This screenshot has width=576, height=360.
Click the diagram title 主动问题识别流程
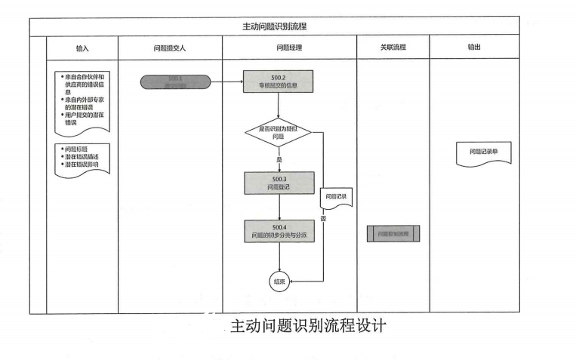click(x=274, y=26)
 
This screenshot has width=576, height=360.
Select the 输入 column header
click(x=82, y=47)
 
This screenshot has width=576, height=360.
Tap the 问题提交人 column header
click(x=169, y=47)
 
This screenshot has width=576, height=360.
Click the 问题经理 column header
click(x=289, y=47)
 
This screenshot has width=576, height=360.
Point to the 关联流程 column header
click(x=393, y=47)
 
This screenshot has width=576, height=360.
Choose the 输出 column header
click(x=474, y=47)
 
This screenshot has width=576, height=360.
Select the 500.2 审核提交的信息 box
click(x=278, y=82)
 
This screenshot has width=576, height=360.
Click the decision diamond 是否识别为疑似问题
click(x=278, y=134)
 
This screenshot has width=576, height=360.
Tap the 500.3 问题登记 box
click(x=279, y=183)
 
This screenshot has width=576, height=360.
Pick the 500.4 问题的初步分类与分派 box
click(x=279, y=231)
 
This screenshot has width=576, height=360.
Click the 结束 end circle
click(x=279, y=281)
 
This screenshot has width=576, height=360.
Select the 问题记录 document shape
click(x=336, y=198)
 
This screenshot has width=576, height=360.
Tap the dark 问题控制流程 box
click(x=393, y=234)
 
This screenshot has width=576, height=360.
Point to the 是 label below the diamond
click(x=279, y=160)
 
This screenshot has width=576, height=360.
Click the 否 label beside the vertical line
click(x=323, y=219)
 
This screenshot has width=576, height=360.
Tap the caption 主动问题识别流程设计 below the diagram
click(x=307, y=327)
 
